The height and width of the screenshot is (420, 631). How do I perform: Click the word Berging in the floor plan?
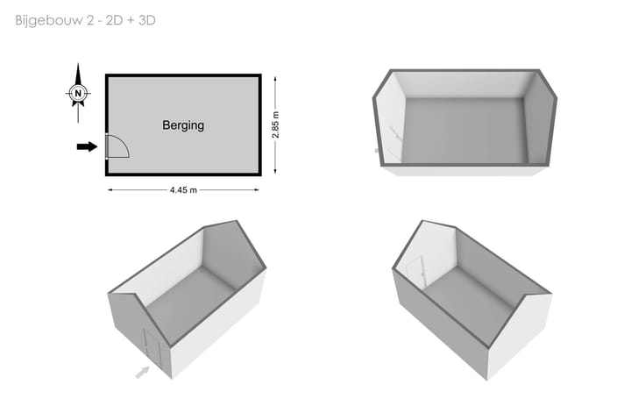pos(183,125)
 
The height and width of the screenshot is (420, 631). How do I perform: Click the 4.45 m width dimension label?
pos(183,190)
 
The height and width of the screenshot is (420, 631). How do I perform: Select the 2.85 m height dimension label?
pos(275,125)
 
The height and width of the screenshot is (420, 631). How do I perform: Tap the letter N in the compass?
pos(78,94)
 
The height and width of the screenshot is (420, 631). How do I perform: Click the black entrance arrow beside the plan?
pos(87,146)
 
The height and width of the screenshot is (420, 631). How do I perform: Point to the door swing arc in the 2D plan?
pos(123,142)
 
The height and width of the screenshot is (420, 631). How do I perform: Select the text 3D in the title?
pos(147,20)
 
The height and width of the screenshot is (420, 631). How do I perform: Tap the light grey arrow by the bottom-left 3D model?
pos(142,373)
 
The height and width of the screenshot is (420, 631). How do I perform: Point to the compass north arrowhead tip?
pos(78,64)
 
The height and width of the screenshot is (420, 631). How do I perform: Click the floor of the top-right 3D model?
pos(464,131)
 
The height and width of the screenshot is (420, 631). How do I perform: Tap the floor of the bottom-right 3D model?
pos(469,305)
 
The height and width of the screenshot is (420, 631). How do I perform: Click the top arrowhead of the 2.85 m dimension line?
pos(275,79)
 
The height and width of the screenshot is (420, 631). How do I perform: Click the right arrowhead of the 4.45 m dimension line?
pos(257,190)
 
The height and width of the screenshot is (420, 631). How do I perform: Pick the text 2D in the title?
pos(114,20)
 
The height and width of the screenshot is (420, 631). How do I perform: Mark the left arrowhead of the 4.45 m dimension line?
pos(110,190)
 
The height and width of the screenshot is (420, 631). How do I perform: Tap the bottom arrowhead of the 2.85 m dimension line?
pos(275,171)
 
